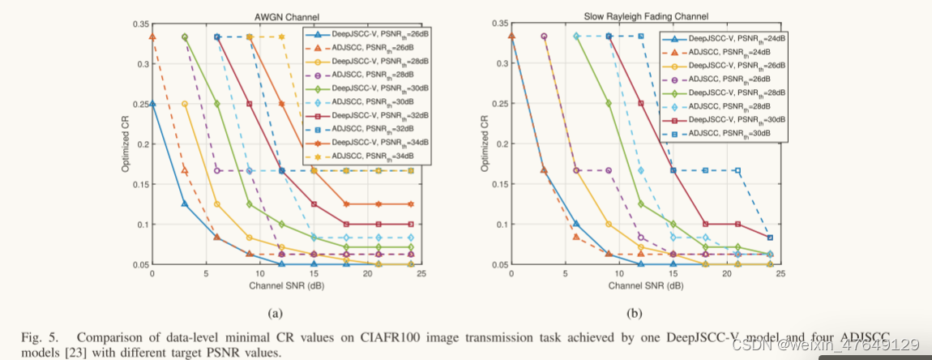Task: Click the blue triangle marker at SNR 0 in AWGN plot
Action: point(152,104)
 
